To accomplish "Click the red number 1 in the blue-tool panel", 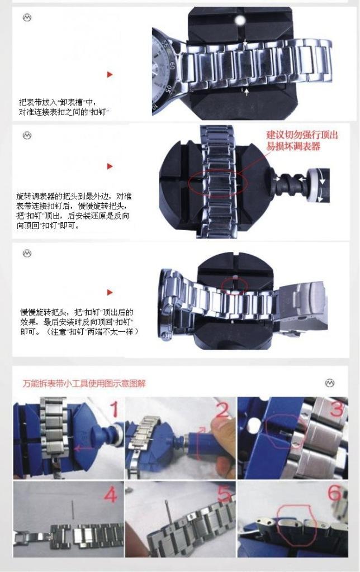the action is click(115, 409).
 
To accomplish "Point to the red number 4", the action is click(111, 495).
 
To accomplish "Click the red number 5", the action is click(224, 494).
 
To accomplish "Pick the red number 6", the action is click(334, 493).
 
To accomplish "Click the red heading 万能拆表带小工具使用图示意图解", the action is click(84, 383).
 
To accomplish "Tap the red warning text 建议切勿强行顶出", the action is click(302, 135).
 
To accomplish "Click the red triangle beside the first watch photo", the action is click(110, 74).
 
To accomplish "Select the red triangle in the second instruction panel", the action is click(110, 166).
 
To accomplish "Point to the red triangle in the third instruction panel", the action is click(110, 293).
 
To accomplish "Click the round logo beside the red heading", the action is click(330, 383).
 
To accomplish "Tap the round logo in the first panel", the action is click(27, 17).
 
